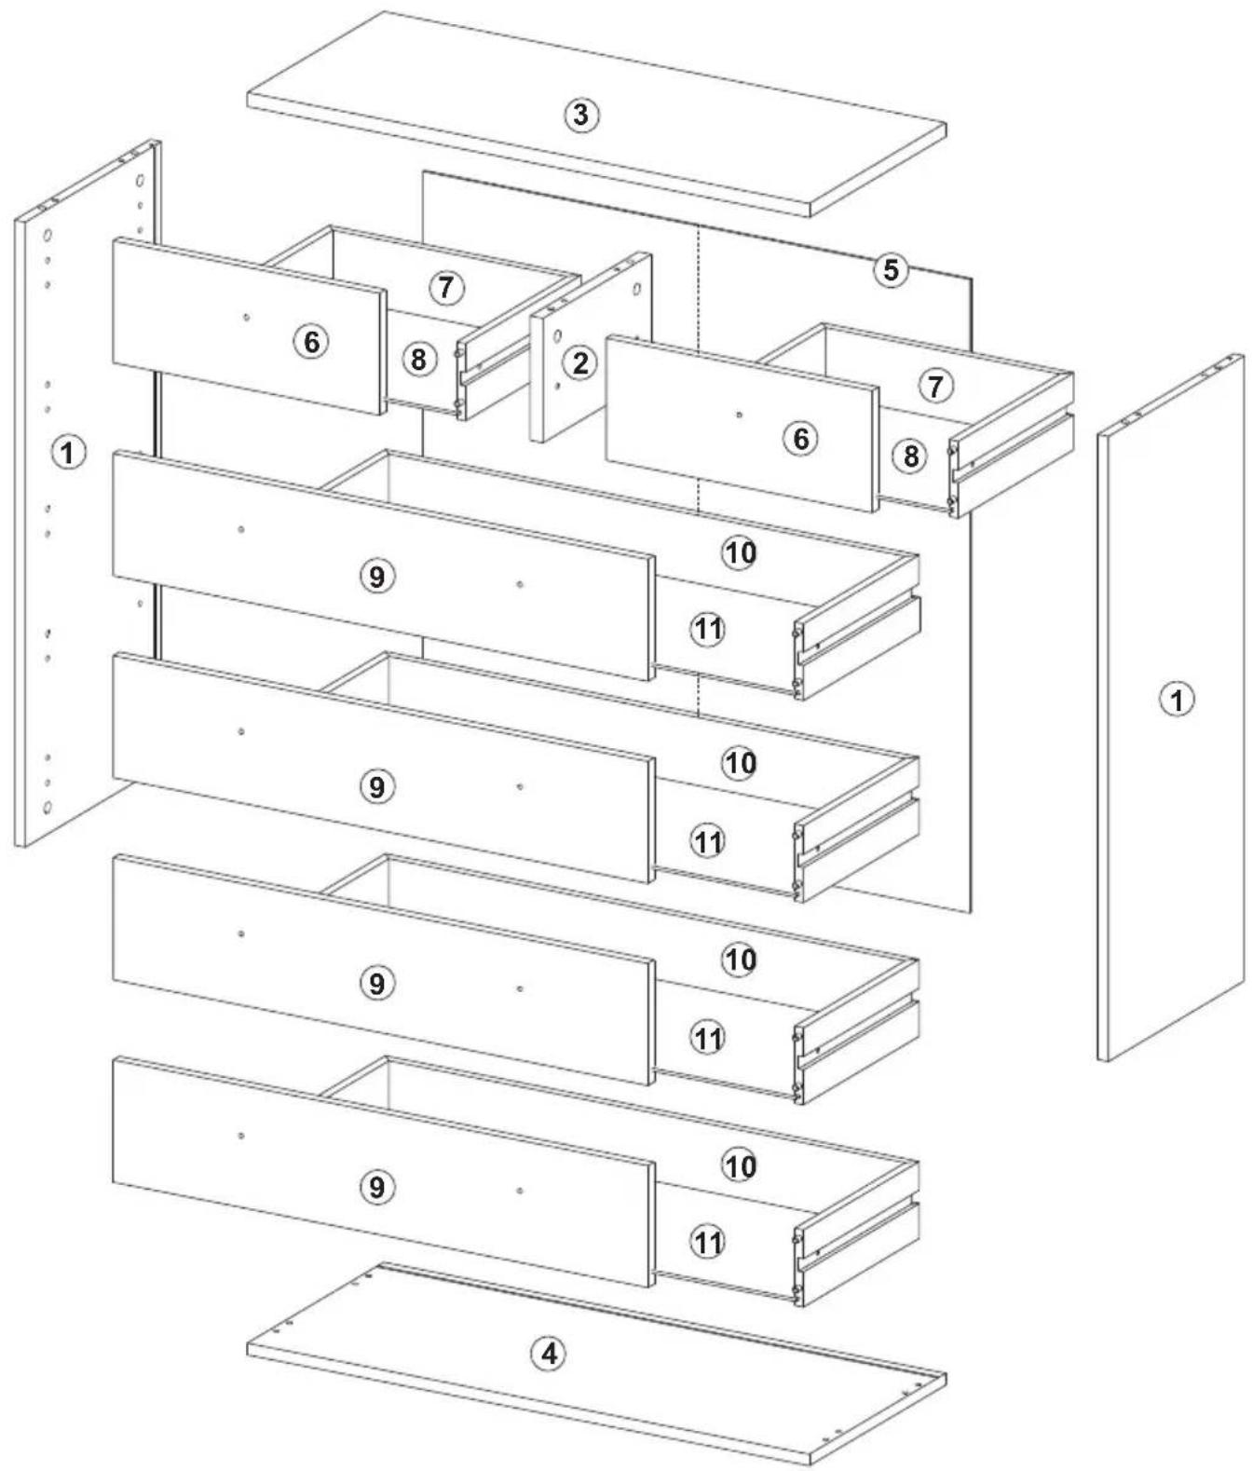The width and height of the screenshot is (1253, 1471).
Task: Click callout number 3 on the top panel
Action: pyautogui.click(x=581, y=115)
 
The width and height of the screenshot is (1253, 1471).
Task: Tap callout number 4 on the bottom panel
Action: pyautogui.click(x=550, y=1354)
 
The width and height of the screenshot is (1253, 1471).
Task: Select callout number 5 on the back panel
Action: pyautogui.click(x=891, y=270)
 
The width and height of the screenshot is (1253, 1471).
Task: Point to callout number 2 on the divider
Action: pyautogui.click(x=580, y=363)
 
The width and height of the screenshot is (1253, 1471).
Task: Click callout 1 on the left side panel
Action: pyautogui.click(x=68, y=453)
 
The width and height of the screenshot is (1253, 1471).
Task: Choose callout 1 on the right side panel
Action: pyautogui.click(x=1177, y=700)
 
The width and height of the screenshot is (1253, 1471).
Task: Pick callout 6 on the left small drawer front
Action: pyautogui.click(x=312, y=342)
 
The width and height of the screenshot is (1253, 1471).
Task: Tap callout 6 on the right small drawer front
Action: pyautogui.click(x=801, y=439)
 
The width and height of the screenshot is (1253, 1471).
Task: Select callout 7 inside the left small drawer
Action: pyautogui.click(x=447, y=288)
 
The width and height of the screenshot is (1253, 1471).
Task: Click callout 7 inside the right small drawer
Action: pyautogui.click(x=935, y=386)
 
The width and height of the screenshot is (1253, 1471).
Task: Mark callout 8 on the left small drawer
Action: pyautogui.click(x=418, y=360)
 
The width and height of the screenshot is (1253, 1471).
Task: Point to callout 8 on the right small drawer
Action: pyautogui.click(x=911, y=456)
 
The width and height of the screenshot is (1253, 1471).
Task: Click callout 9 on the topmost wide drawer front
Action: pyautogui.click(x=377, y=577)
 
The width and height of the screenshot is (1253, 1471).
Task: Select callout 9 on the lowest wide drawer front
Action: pyautogui.click(x=377, y=1186)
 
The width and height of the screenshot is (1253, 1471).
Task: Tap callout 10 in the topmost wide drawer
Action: pyautogui.click(x=740, y=552)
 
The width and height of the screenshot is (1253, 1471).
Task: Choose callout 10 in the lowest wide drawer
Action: pyautogui.click(x=740, y=1165)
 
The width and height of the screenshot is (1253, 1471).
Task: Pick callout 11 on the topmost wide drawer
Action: pyautogui.click(x=708, y=629)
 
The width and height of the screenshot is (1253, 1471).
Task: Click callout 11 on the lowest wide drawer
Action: pyautogui.click(x=708, y=1243)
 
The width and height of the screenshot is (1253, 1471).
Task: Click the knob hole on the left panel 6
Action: pyautogui.click(x=246, y=317)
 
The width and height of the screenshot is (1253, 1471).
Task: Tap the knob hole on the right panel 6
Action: pyautogui.click(x=740, y=415)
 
